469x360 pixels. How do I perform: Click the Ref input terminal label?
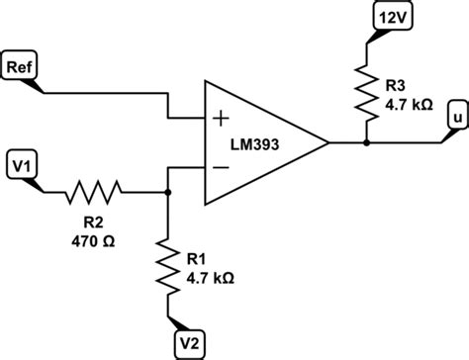(x=23, y=67)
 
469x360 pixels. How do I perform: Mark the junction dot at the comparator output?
(x=366, y=142)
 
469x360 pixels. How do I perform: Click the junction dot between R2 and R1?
(x=168, y=192)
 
